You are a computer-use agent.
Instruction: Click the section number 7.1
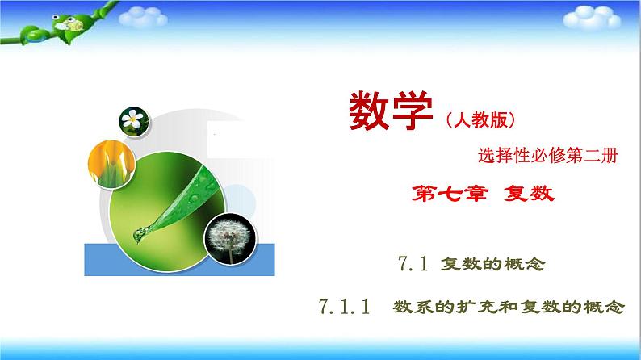[x=413, y=263]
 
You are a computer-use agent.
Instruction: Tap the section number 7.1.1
[x=344, y=307]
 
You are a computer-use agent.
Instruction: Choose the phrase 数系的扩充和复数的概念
[x=509, y=308]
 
